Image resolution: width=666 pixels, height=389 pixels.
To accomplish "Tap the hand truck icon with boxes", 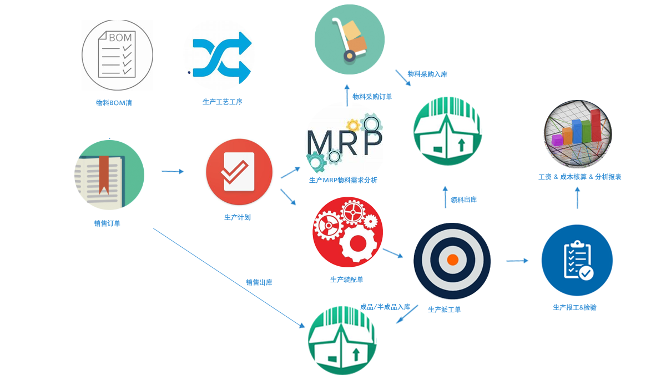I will coord(350,39).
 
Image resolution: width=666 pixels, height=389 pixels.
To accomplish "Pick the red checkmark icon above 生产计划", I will coord(239,172).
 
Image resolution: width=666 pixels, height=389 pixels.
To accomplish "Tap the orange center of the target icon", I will coord(452,260).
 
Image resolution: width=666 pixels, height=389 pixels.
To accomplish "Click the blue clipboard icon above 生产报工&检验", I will coord(577,260).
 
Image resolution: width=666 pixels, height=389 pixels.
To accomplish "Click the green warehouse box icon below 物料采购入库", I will coord(447,131).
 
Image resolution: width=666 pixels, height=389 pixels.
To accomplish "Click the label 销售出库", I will coord(259,282).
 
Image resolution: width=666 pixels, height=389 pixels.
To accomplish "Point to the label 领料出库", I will coord(463,200).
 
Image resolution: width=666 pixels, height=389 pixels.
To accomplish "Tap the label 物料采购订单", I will coord(372,97).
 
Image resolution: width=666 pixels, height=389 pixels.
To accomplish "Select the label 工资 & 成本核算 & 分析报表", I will coord(579,177).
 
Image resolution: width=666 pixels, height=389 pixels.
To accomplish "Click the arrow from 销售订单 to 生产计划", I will coord(172,172).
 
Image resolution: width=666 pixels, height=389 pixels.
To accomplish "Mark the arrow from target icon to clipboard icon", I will coord(517,260).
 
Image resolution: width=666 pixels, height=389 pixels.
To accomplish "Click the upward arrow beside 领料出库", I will coord(445,197).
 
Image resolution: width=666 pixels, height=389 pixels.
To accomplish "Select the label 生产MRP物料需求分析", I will coord(343,180).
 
